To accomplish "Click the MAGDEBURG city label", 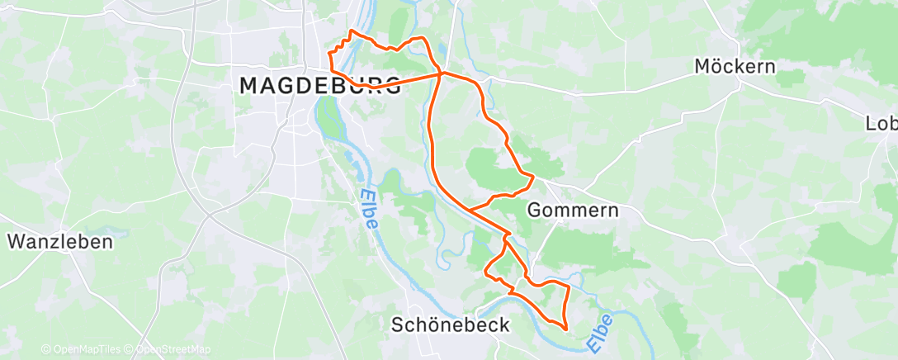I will point(320,84).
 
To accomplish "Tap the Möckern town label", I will point(735,66).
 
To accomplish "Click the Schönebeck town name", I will point(450,324).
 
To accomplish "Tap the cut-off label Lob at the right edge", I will point(881,124).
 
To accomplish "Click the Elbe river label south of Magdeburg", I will point(368,209).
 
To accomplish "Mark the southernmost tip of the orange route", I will point(565,329).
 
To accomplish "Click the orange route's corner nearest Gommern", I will point(534,176).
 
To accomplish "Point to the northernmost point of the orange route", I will point(353,31).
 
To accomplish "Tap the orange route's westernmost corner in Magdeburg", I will point(330,54).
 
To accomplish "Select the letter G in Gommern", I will point(534,210).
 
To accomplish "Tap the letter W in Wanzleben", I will point(16,241).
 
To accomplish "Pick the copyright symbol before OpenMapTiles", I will point(45,349).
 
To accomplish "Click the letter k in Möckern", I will point(736,66).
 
